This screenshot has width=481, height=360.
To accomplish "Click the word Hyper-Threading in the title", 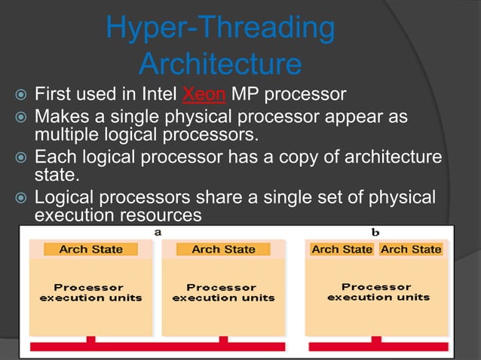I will click(220, 28).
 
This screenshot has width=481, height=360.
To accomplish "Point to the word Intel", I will click(159, 96).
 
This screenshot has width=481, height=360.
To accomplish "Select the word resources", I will click(164, 215).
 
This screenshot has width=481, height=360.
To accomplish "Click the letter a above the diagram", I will click(158, 232).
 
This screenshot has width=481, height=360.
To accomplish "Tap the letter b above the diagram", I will click(375, 232).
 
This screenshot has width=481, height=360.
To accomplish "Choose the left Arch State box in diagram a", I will click(91, 249).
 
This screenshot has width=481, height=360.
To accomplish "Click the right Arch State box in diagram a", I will click(223, 249).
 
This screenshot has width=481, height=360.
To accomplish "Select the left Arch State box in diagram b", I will click(342, 249).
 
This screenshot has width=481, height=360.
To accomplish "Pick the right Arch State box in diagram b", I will click(411, 249).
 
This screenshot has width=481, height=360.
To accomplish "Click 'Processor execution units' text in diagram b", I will click(377, 292).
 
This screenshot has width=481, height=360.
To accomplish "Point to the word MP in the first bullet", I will click(244, 96).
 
